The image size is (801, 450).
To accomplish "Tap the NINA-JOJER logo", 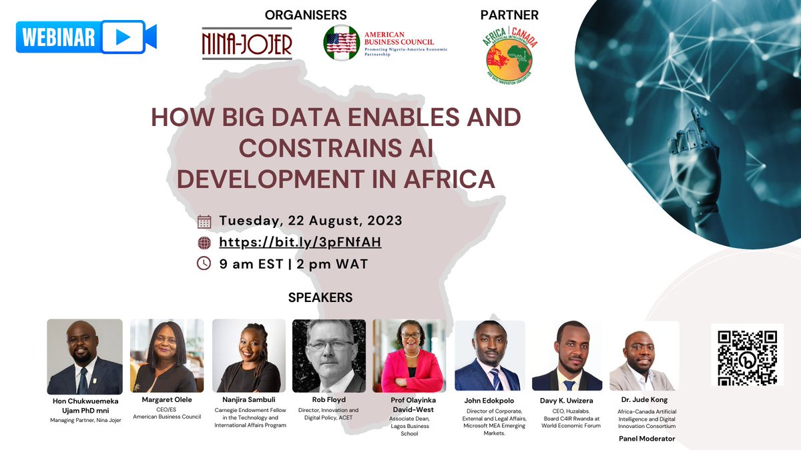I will [x=247, y=43].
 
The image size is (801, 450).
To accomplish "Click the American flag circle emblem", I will [x=341, y=43].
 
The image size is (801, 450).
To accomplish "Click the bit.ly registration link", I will [x=300, y=241].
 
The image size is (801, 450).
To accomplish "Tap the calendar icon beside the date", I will [x=205, y=221].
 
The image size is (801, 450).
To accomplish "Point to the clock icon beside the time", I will [x=205, y=263].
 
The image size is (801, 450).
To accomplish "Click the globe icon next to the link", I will [x=205, y=242].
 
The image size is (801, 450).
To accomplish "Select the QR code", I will [x=746, y=355].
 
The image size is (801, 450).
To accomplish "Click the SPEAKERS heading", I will [x=320, y=297].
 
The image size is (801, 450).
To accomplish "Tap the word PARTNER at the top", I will [x=509, y=14].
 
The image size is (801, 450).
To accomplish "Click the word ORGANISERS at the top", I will [x=306, y=14].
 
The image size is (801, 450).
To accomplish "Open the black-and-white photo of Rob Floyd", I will [x=329, y=356].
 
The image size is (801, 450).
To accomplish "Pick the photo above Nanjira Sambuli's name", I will [x=246, y=356].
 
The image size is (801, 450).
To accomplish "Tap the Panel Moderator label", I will [x=646, y=439].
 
